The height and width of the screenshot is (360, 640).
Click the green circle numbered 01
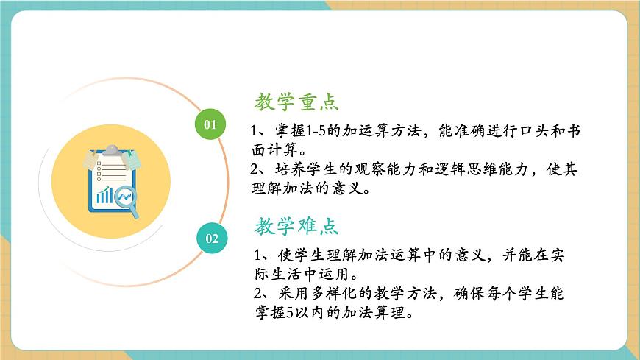point(210,124)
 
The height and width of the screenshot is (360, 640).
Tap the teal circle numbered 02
point(212,238)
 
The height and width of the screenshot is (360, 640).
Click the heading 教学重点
point(296,102)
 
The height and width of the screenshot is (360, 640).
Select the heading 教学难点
point(296,226)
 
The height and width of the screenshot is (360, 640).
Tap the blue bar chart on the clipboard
point(107,195)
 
